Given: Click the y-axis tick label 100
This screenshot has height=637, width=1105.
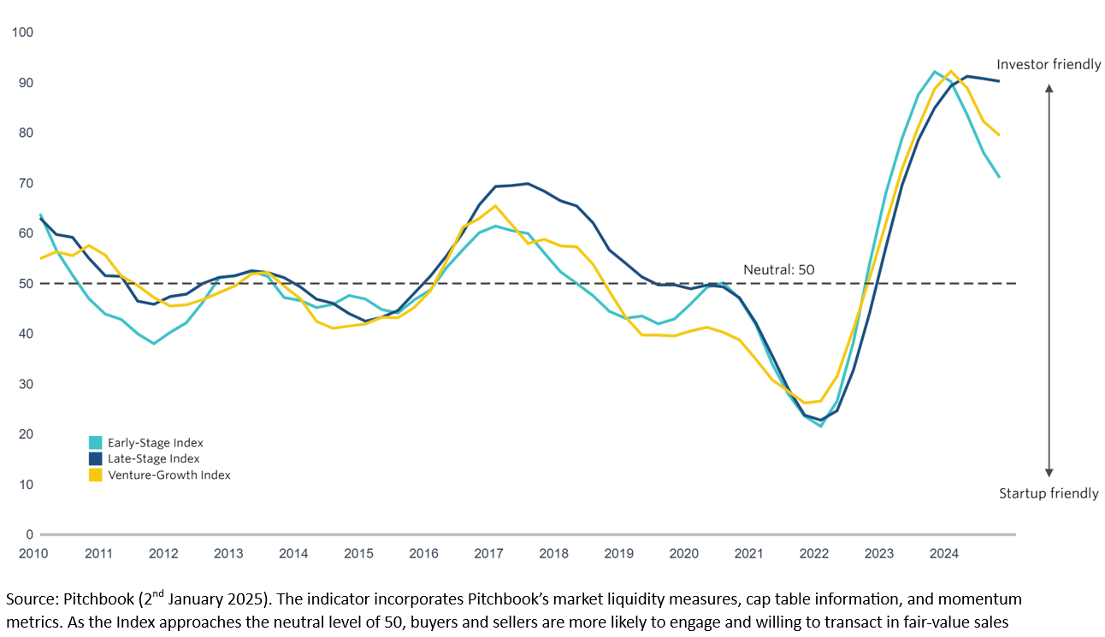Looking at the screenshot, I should pyautogui.click(x=21, y=32).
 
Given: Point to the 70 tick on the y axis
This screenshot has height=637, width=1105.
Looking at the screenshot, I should pyautogui.click(x=24, y=183).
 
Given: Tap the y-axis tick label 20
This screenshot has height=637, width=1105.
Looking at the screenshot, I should pyautogui.click(x=24, y=434).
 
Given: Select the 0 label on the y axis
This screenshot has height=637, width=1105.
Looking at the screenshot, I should pyautogui.click(x=27, y=534).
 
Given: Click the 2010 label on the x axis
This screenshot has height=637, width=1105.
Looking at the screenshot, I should pyautogui.click(x=32, y=553).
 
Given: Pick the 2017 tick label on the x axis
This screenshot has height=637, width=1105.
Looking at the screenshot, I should pyautogui.click(x=488, y=553).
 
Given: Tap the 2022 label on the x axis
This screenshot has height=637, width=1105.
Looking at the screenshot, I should pyautogui.click(x=813, y=553).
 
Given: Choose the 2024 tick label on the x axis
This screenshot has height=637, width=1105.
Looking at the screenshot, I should pyautogui.click(x=943, y=553).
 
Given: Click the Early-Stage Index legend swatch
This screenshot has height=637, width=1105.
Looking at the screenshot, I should pyautogui.click(x=95, y=443).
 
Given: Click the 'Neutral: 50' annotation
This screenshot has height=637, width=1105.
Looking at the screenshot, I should pyautogui.click(x=779, y=270).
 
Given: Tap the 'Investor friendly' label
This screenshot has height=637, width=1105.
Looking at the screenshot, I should pyautogui.click(x=1049, y=65).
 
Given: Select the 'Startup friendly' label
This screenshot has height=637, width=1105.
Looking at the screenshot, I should pyautogui.click(x=1049, y=494).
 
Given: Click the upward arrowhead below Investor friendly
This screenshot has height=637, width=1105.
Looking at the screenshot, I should pyautogui.click(x=1049, y=87).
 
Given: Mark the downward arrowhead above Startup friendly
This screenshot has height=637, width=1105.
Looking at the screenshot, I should pyautogui.click(x=1049, y=472).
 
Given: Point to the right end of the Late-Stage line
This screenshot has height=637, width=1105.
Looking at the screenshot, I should pyautogui.click(x=1000, y=81).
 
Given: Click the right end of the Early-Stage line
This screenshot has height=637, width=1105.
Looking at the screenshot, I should pyautogui.click(x=1000, y=177).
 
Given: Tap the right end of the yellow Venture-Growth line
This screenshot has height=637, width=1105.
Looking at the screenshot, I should pyautogui.click(x=1000, y=135).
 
